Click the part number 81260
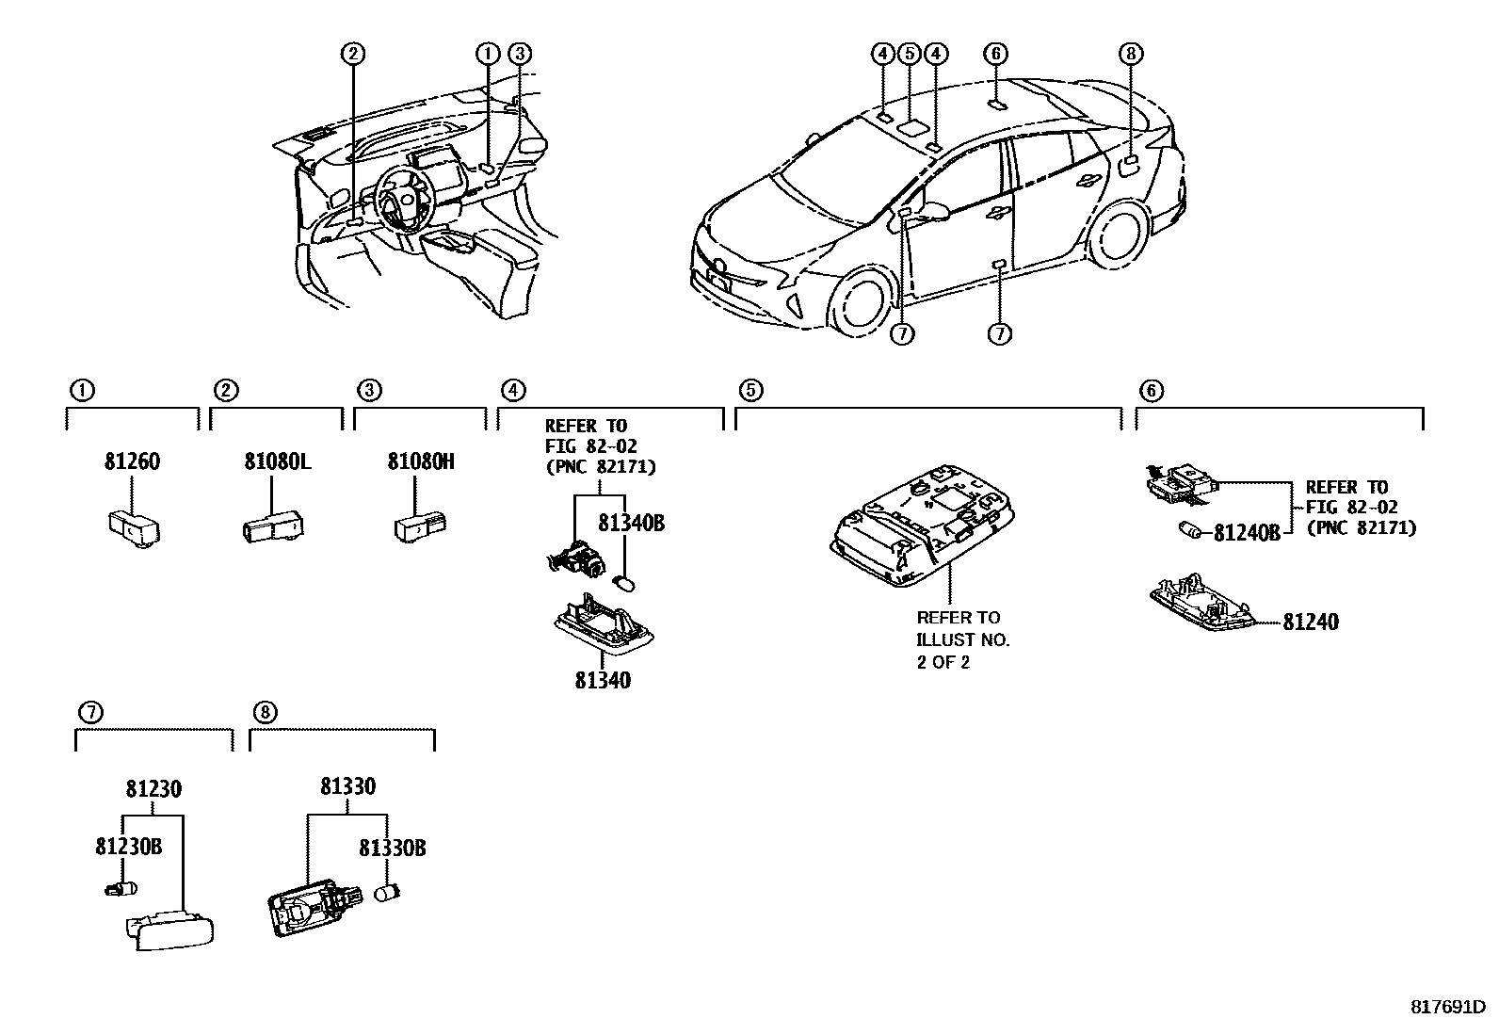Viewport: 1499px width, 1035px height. (132, 461)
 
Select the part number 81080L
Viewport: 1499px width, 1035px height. (277, 461)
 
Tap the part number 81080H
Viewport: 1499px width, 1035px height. (421, 461)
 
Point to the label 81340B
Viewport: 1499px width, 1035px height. (631, 523)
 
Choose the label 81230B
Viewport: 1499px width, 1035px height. (128, 847)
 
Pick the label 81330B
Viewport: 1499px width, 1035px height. (392, 849)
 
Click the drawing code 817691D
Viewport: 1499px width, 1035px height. (1447, 1007)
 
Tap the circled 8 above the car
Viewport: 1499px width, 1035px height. (1130, 54)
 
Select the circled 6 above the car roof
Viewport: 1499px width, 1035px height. (996, 54)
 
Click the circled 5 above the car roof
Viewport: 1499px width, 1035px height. (909, 54)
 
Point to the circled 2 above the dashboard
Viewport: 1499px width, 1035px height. (353, 54)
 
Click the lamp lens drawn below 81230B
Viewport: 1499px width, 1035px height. (170, 930)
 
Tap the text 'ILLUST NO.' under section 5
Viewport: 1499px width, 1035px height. (963, 640)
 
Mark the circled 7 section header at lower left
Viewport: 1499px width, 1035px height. (91, 712)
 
